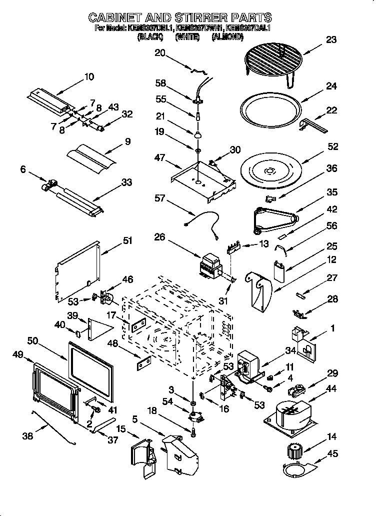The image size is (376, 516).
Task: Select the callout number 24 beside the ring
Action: [x=331, y=86]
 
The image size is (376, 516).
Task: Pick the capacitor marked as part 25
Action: [x=280, y=270]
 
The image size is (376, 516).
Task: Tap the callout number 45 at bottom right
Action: [x=332, y=454]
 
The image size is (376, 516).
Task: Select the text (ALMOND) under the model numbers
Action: [x=227, y=36]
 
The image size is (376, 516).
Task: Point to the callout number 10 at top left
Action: [x=88, y=76]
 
